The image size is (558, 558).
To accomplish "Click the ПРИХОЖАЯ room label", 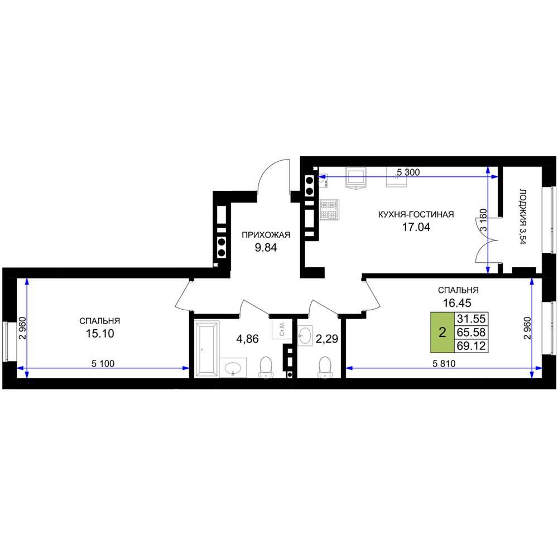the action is (266, 235).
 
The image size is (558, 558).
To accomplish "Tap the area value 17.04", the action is (416, 227).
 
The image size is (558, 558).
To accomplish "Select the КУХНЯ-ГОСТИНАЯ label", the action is (416, 215).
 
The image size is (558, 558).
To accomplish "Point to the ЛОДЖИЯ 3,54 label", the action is (522, 217).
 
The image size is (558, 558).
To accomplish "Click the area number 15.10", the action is (100, 334).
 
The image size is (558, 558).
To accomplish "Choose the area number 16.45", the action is (457, 303).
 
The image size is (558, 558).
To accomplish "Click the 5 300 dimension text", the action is (408, 172).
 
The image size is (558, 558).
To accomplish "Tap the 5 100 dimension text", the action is (103, 364).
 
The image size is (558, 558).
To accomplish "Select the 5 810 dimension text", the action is (444, 364).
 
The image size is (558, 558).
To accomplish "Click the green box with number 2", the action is (442, 333).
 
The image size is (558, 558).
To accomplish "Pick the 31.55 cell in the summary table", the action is (471, 319).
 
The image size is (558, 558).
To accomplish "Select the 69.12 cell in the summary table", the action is (471, 346).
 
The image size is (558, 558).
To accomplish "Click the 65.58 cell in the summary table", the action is (471, 333).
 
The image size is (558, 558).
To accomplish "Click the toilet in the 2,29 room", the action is (325, 367).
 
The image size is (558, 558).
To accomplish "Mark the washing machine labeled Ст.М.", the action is (282, 329).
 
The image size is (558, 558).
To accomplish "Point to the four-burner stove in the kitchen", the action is (330, 210).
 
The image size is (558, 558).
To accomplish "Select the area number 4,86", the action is (248, 339).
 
